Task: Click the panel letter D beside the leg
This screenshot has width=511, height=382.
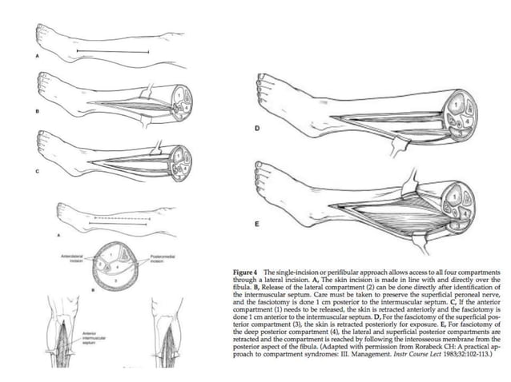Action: [x=258, y=127]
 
